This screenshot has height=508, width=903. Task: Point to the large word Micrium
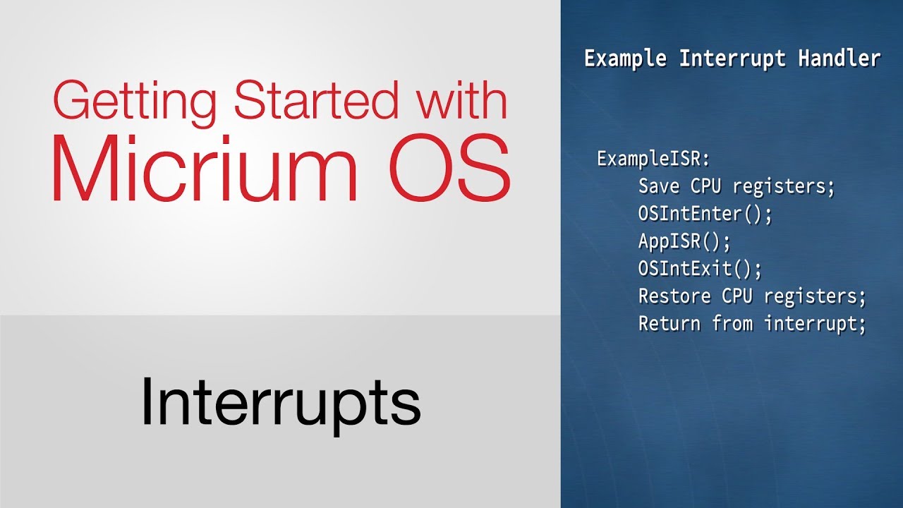click(x=204, y=169)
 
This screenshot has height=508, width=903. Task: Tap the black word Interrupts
click(x=280, y=402)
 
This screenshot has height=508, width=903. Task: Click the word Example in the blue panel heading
click(x=625, y=59)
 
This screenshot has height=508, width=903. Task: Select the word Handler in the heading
click(x=840, y=59)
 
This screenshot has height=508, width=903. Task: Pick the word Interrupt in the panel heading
click(x=732, y=59)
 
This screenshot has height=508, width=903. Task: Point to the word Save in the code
click(x=659, y=186)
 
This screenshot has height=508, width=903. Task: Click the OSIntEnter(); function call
click(x=705, y=214)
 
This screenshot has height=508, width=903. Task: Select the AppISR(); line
click(x=684, y=241)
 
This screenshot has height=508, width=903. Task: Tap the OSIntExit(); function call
click(x=701, y=269)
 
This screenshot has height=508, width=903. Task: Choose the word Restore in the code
click(x=674, y=296)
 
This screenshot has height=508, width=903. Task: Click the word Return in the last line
click(x=669, y=324)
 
